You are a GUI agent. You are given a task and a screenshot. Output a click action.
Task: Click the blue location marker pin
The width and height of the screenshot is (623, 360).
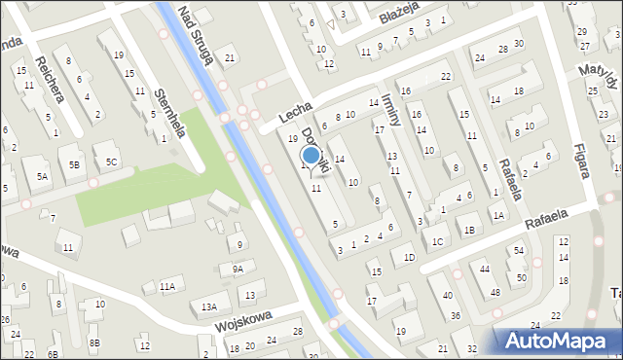[311, 155]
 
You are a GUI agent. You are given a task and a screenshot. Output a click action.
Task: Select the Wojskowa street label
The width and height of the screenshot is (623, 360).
[241, 320]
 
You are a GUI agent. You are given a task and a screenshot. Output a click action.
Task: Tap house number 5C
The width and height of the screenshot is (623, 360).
[112, 162]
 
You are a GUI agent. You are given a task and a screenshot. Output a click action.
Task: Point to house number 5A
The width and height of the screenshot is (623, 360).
[42, 176]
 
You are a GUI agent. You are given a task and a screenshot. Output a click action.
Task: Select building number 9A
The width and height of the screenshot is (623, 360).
[238, 269]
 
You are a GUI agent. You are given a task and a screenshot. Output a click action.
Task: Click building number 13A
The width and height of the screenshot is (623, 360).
[209, 306]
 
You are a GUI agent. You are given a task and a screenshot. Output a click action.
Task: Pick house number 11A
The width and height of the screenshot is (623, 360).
[167, 286]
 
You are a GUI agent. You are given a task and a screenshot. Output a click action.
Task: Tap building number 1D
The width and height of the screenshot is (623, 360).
[409, 257]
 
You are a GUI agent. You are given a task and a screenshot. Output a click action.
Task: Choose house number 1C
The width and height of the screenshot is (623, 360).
[438, 240]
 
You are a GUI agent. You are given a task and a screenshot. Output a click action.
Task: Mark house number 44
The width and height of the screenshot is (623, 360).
[484, 268]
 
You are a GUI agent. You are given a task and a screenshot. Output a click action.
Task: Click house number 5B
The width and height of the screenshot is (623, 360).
[74, 164]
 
